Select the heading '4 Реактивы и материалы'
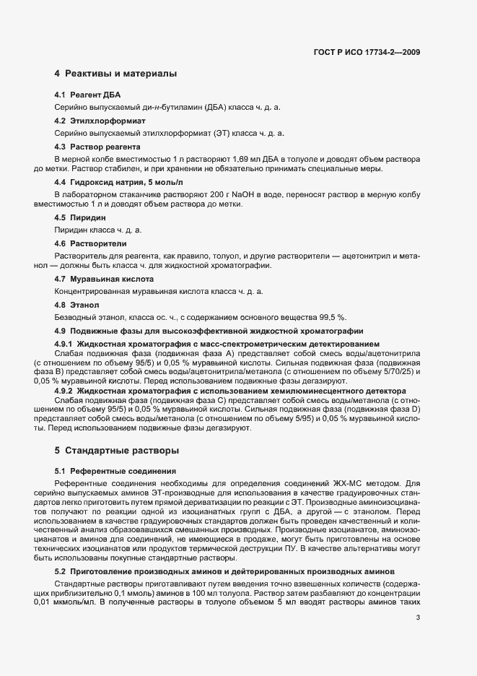[x=115, y=74]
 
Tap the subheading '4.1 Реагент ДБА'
[x=87, y=95]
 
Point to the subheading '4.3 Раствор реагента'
[x=99, y=147]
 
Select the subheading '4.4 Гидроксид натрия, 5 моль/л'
[x=118, y=183]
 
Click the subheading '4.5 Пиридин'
[x=80, y=217]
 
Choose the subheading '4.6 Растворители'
[x=90, y=243]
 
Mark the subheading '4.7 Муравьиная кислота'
[x=104, y=279]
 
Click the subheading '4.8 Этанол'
[x=76, y=305]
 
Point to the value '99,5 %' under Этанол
[x=333, y=317]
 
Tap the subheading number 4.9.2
[x=64, y=390]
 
